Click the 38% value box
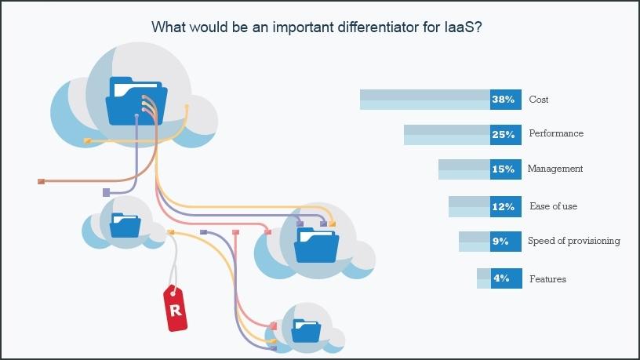[x=505, y=100]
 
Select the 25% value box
[x=505, y=135]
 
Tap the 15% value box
[x=505, y=169]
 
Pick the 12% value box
[x=505, y=206]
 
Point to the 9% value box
[x=505, y=242]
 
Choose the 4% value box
[x=506, y=278]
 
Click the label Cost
[x=538, y=100]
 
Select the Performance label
[x=556, y=133]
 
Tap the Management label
[x=555, y=169]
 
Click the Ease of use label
[x=553, y=206]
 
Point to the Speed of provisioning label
[x=574, y=241]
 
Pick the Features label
[x=547, y=279]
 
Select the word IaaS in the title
[x=460, y=27]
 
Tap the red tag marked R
[x=176, y=308]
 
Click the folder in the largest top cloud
[x=136, y=101]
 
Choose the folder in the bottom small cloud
[x=306, y=331]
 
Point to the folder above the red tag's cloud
[x=125, y=225]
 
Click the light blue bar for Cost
[x=425, y=100]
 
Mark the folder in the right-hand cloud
[x=317, y=245]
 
